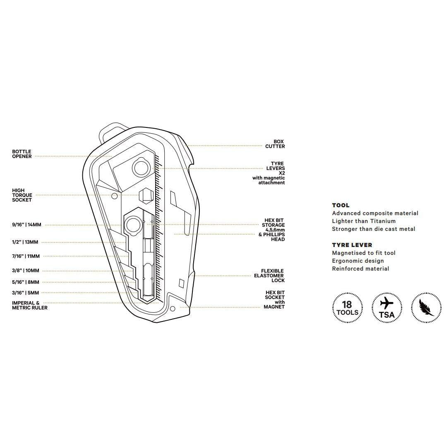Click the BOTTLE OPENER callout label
[22, 154]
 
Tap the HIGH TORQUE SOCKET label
[22, 195]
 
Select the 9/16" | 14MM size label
[26, 225]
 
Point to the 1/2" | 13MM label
[25, 242]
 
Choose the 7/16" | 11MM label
[26, 257]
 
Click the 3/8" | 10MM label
[26, 271]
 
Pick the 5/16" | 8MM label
[26, 282]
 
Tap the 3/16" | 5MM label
[26, 293]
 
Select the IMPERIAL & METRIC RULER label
[29, 305]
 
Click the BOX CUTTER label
[275, 144]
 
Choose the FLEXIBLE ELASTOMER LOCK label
[270, 276]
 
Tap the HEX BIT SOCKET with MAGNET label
[275, 300]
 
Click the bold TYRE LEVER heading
[352, 245]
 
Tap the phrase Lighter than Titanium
[364, 221]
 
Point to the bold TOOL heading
[340, 205]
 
